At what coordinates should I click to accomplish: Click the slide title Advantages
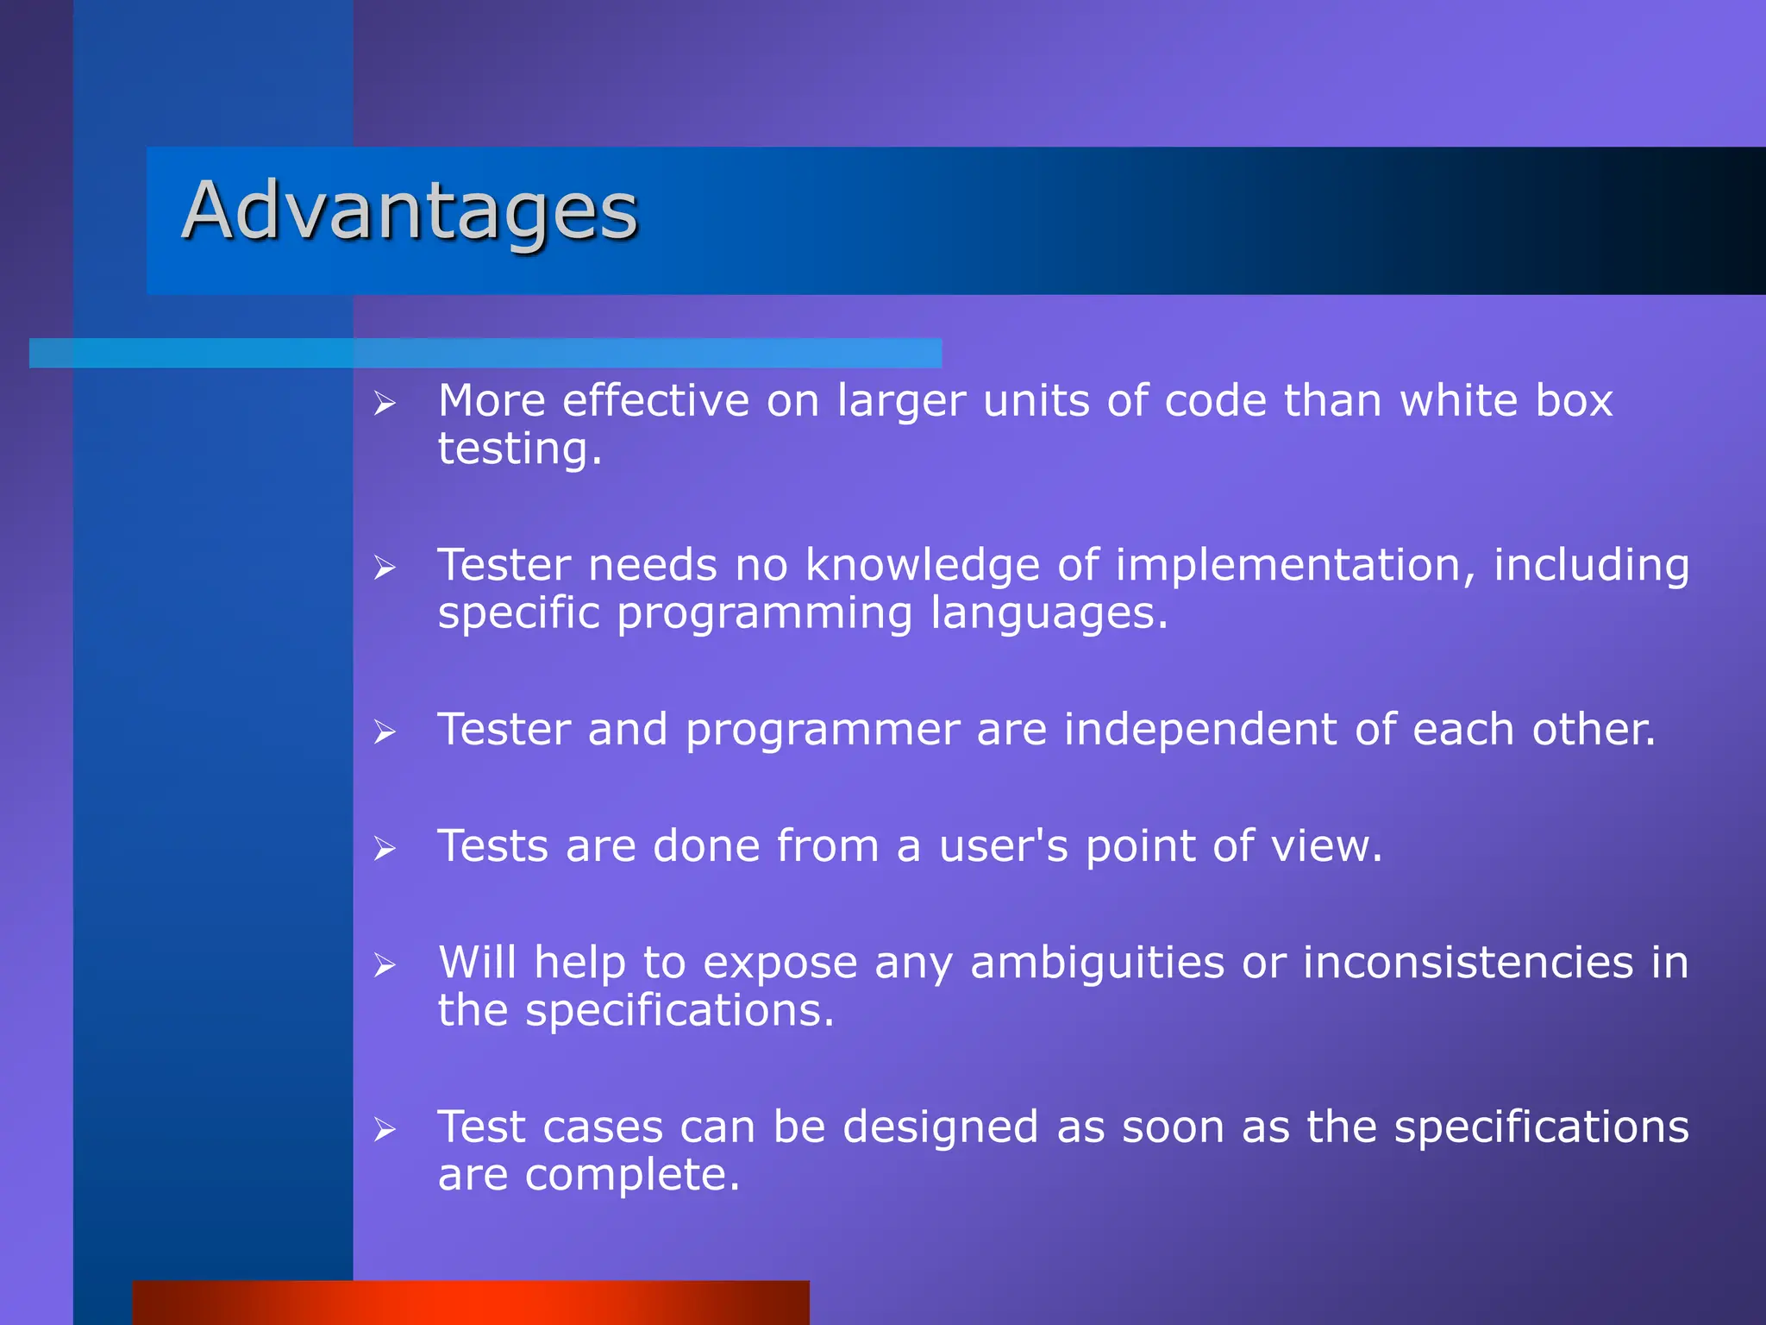[x=410, y=211]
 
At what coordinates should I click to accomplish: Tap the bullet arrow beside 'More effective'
[x=385, y=403]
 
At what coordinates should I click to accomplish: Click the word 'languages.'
[x=1049, y=614]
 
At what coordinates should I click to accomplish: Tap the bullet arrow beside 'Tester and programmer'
[x=385, y=732]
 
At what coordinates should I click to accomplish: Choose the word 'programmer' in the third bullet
[x=823, y=730]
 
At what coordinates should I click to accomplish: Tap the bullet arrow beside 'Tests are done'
[x=385, y=849]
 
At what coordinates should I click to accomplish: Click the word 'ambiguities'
[x=1097, y=964]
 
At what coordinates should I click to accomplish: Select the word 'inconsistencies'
[x=1468, y=963]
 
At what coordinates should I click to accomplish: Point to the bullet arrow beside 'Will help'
[x=385, y=965]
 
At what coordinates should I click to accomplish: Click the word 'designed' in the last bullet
[x=940, y=1128]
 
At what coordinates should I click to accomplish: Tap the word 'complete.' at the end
[x=632, y=1175]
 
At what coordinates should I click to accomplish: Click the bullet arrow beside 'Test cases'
[x=385, y=1129]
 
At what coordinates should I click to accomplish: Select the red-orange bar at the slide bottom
[x=471, y=1302]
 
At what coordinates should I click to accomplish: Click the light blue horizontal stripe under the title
[x=485, y=353]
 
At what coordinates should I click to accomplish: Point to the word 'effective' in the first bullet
[x=655, y=401]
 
